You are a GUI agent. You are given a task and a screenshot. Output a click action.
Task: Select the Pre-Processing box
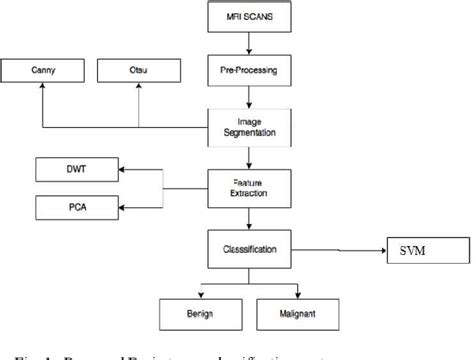coord(243,72)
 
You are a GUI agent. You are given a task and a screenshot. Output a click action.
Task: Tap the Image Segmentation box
coord(243,126)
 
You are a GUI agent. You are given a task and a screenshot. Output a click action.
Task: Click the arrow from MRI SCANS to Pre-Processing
coord(243,46)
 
